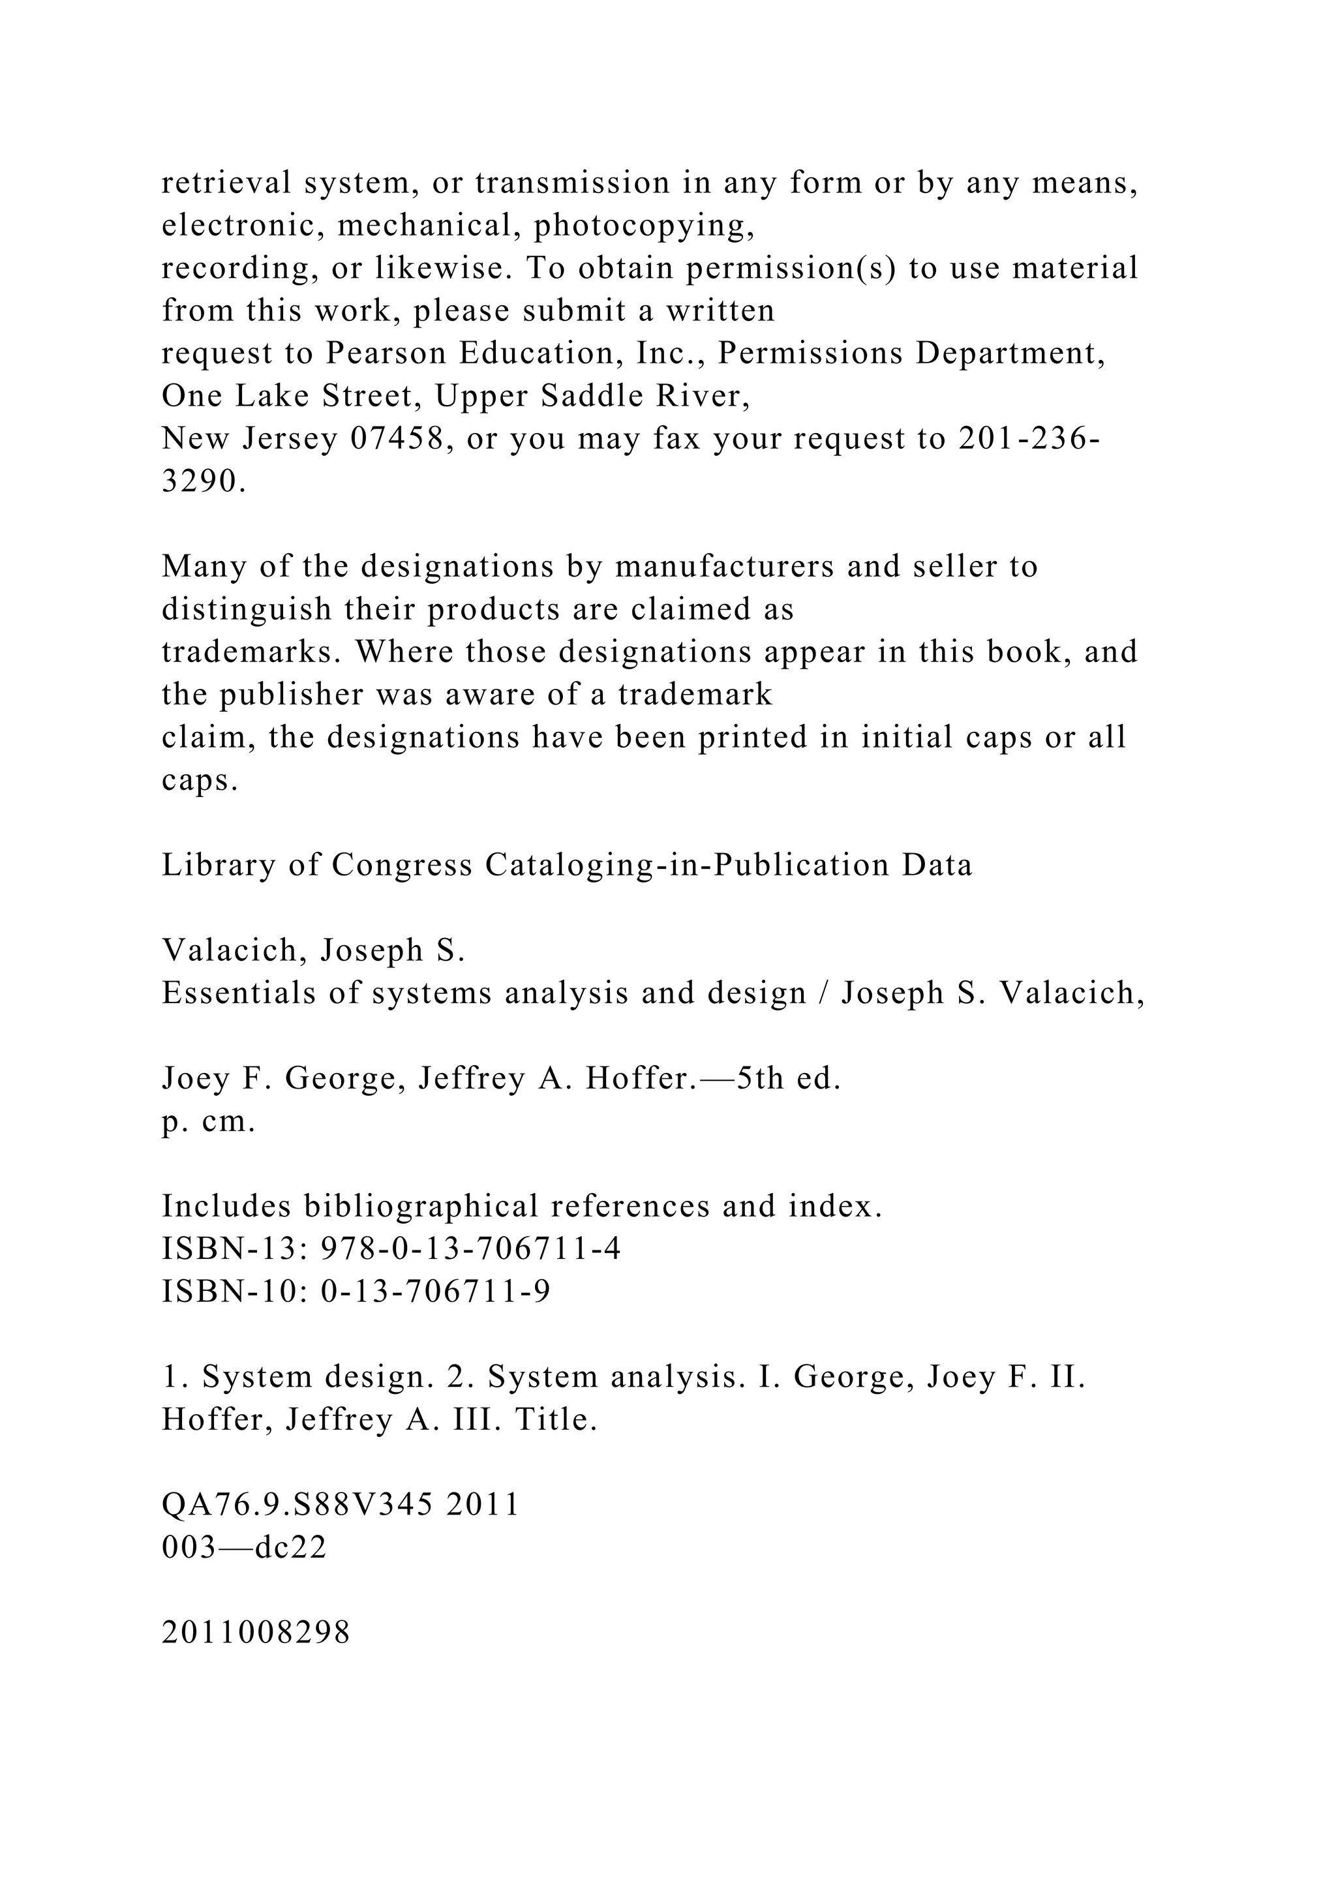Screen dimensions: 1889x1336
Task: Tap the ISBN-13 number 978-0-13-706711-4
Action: [470, 1249]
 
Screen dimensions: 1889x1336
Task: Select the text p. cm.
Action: [209, 1121]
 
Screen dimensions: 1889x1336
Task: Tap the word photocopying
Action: [644, 226]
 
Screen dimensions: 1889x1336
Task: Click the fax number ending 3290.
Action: [203, 482]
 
